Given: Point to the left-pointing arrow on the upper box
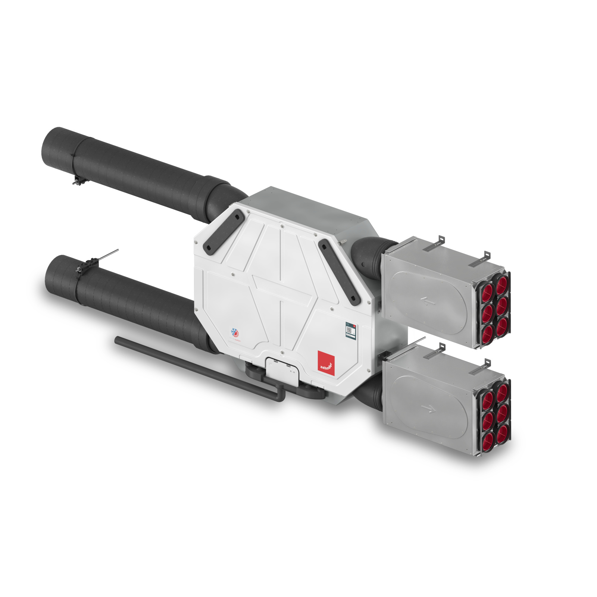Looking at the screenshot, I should [428, 300].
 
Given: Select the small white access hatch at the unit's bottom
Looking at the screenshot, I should [282, 371].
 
